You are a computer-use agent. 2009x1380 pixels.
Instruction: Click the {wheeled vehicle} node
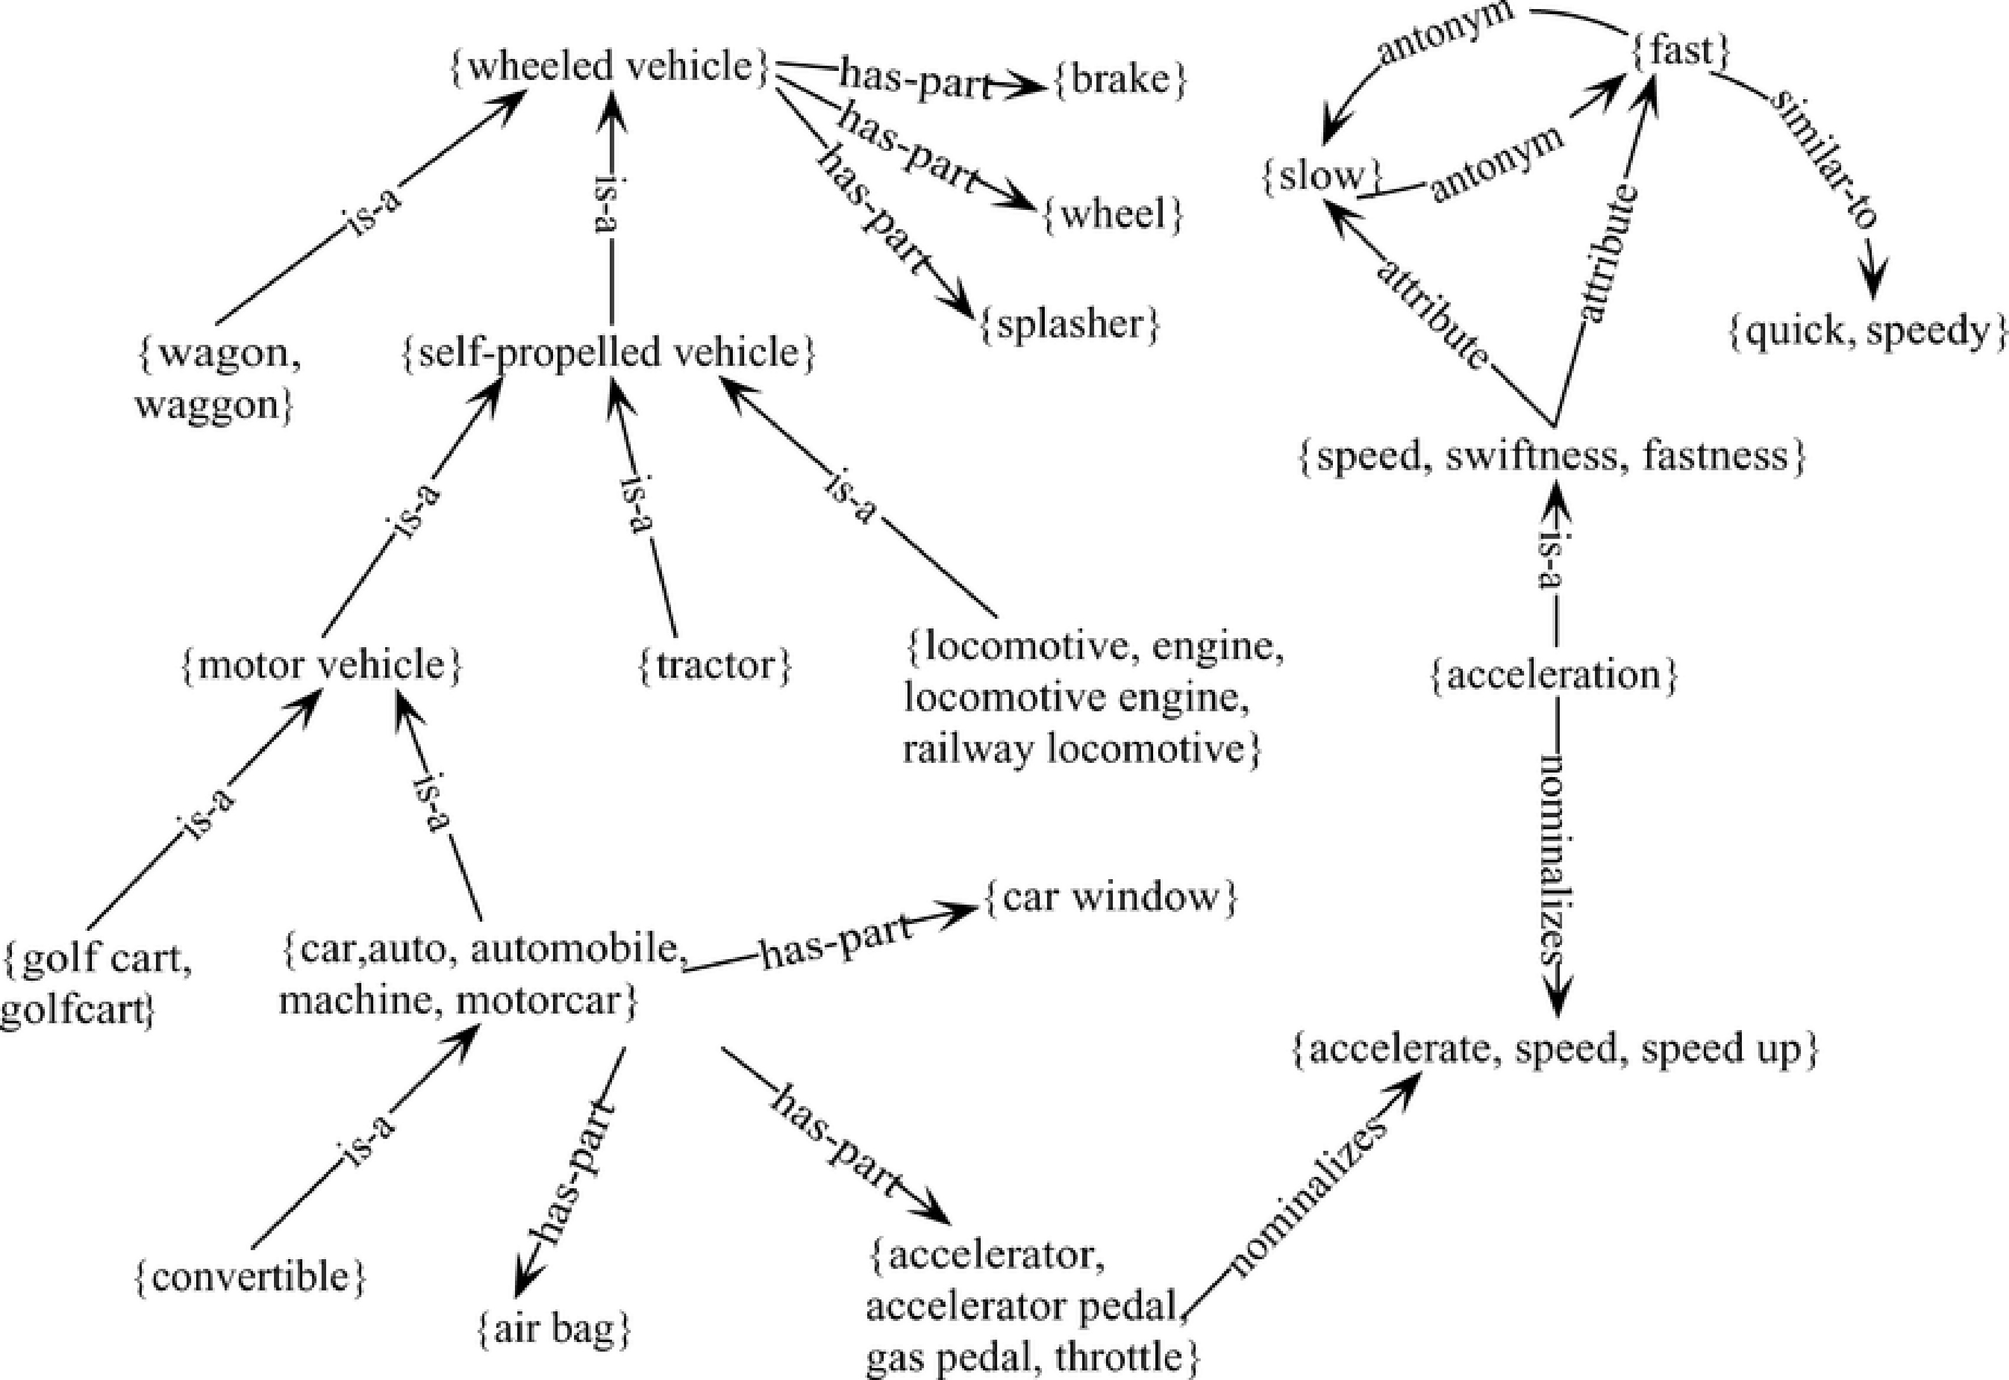610,66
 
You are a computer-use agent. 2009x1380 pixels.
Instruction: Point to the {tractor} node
715,665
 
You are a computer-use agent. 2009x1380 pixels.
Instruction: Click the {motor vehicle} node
322,665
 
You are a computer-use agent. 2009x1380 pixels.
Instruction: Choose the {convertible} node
251,1276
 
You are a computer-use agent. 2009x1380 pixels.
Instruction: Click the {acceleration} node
1552,676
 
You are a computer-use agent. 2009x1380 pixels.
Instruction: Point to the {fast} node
1682,52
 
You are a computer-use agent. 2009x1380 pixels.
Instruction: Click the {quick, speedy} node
1867,332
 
